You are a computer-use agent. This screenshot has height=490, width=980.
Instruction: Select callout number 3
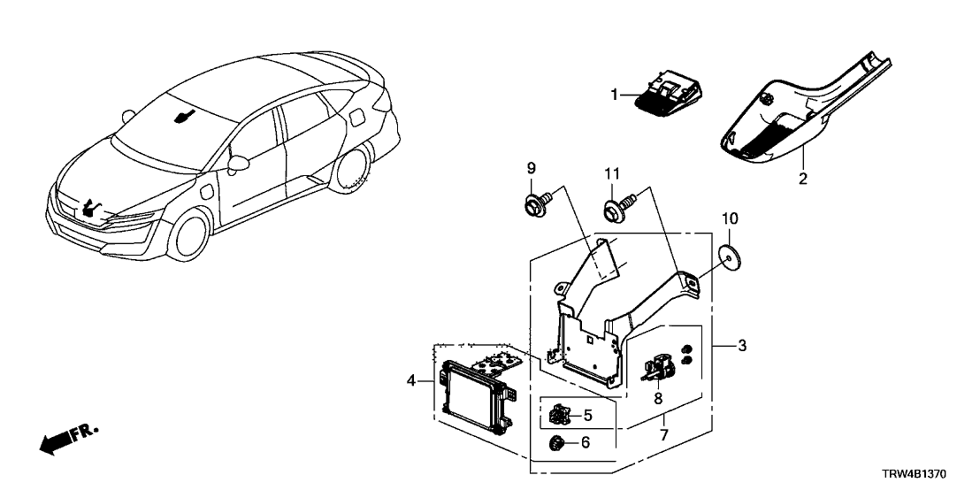click(742, 346)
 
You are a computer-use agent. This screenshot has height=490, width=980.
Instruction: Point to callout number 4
click(411, 381)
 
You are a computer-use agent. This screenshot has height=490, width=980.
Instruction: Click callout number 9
click(532, 168)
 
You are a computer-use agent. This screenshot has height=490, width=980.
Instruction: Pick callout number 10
click(730, 218)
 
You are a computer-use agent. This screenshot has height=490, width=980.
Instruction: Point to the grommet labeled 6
click(557, 442)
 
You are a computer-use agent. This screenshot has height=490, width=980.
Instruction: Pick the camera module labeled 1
click(669, 95)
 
